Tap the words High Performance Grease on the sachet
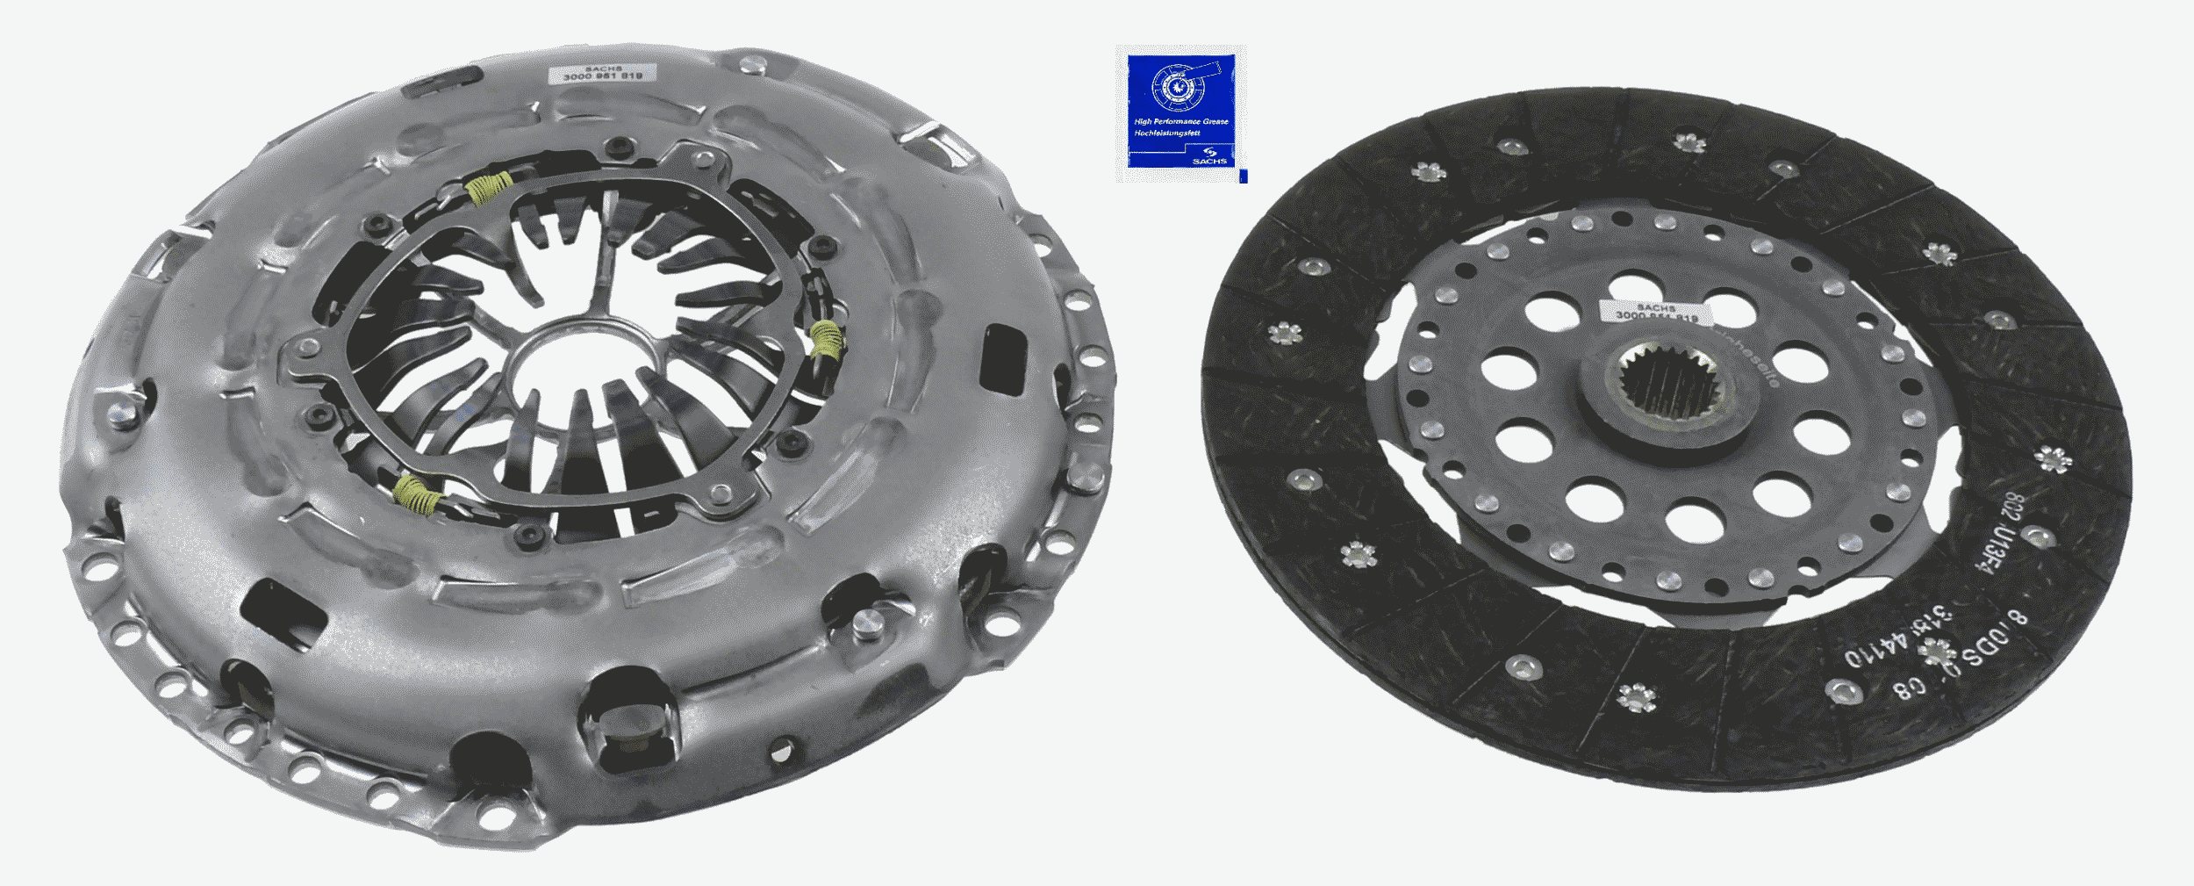click(x=1181, y=121)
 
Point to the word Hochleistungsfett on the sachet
click(x=1162, y=133)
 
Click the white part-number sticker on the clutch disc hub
click(x=1650, y=312)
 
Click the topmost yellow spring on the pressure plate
click(x=489, y=186)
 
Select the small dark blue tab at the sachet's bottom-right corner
click(x=1243, y=177)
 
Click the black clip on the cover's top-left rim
click(x=448, y=80)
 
